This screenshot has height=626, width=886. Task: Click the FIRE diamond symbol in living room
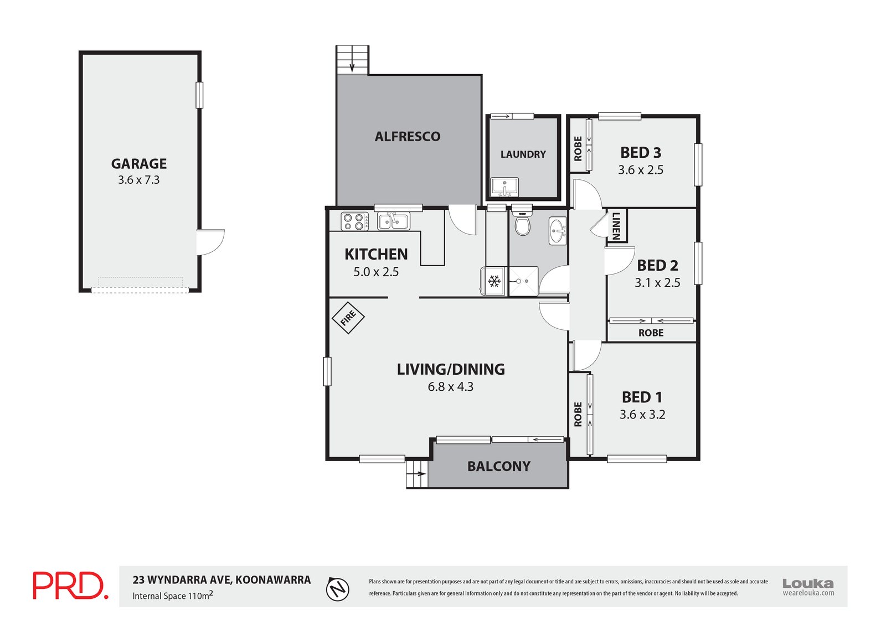coord(348,318)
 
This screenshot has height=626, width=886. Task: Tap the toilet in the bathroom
coord(522,224)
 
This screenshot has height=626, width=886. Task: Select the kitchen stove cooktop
coord(354,221)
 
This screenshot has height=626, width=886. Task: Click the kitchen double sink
coord(393,221)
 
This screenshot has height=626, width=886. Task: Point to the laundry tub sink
coord(504,187)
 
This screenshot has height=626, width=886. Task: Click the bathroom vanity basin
coord(558,230)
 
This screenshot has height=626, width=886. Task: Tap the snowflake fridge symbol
coord(494,281)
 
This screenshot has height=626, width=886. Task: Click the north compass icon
coord(338,588)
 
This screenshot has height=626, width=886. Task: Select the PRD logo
coord(70,586)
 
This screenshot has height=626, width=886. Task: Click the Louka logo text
coord(808,583)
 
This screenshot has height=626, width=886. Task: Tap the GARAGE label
coord(139,164)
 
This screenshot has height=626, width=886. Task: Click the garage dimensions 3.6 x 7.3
coord(139,180)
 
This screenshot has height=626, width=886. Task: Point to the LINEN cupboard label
coord(616,226)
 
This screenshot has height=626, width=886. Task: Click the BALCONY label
coord(498,467)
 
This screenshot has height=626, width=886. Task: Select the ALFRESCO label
coord(408,137)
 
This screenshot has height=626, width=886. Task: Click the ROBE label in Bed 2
coord(651,333)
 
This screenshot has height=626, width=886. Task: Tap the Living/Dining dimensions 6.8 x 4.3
coord(450,387)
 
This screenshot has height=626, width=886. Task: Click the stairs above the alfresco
coord(352,60)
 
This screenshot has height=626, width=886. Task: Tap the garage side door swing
coord(210,242)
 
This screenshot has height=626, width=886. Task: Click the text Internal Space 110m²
coord(172,596)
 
